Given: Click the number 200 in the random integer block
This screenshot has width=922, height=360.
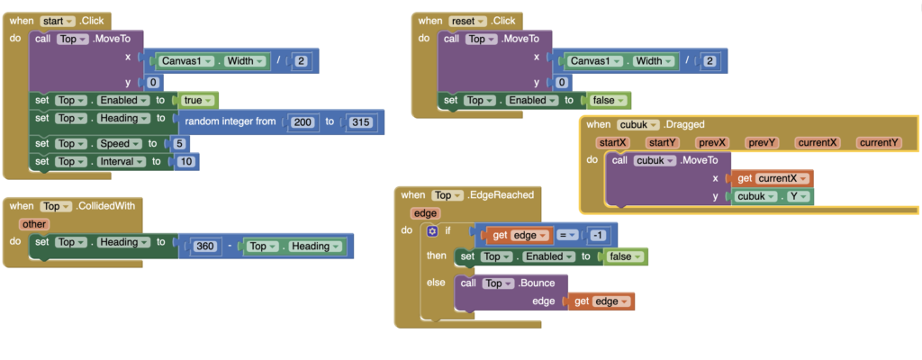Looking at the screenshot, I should [303, 121].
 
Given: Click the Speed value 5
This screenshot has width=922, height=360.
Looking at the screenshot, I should [181, 143].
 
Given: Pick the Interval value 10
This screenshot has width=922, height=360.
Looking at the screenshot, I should [186, 161].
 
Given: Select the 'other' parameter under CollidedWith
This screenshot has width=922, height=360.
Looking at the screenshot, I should [35, 224].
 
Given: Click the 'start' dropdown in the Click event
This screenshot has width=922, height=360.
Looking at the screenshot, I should [57, 20].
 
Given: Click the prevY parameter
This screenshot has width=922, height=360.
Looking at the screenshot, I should [763, 142].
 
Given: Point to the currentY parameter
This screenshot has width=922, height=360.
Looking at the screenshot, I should [878, 142].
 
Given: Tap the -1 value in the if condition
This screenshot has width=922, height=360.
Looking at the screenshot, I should [598, 236].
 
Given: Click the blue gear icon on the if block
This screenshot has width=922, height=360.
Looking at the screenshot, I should [433, 231].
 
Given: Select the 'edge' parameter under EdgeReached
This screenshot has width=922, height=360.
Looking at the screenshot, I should [423, 213].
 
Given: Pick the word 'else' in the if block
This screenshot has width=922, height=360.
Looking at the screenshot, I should [436, 283].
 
